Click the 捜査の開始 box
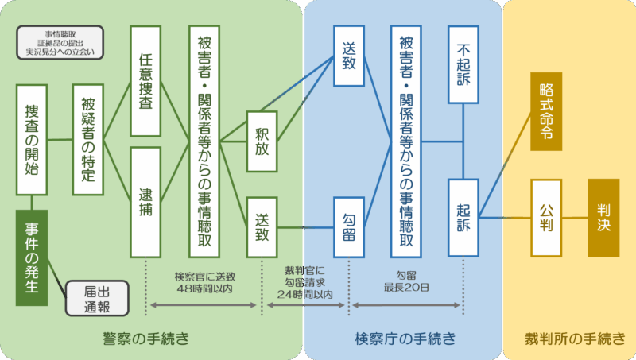[32, 140]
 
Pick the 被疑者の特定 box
[88, 140]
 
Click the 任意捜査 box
[145, 82]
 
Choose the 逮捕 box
[145, 202]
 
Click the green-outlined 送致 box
[262, 227]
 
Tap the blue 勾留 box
[348, 227]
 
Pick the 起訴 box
[463, 218]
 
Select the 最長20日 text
[407, 286]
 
